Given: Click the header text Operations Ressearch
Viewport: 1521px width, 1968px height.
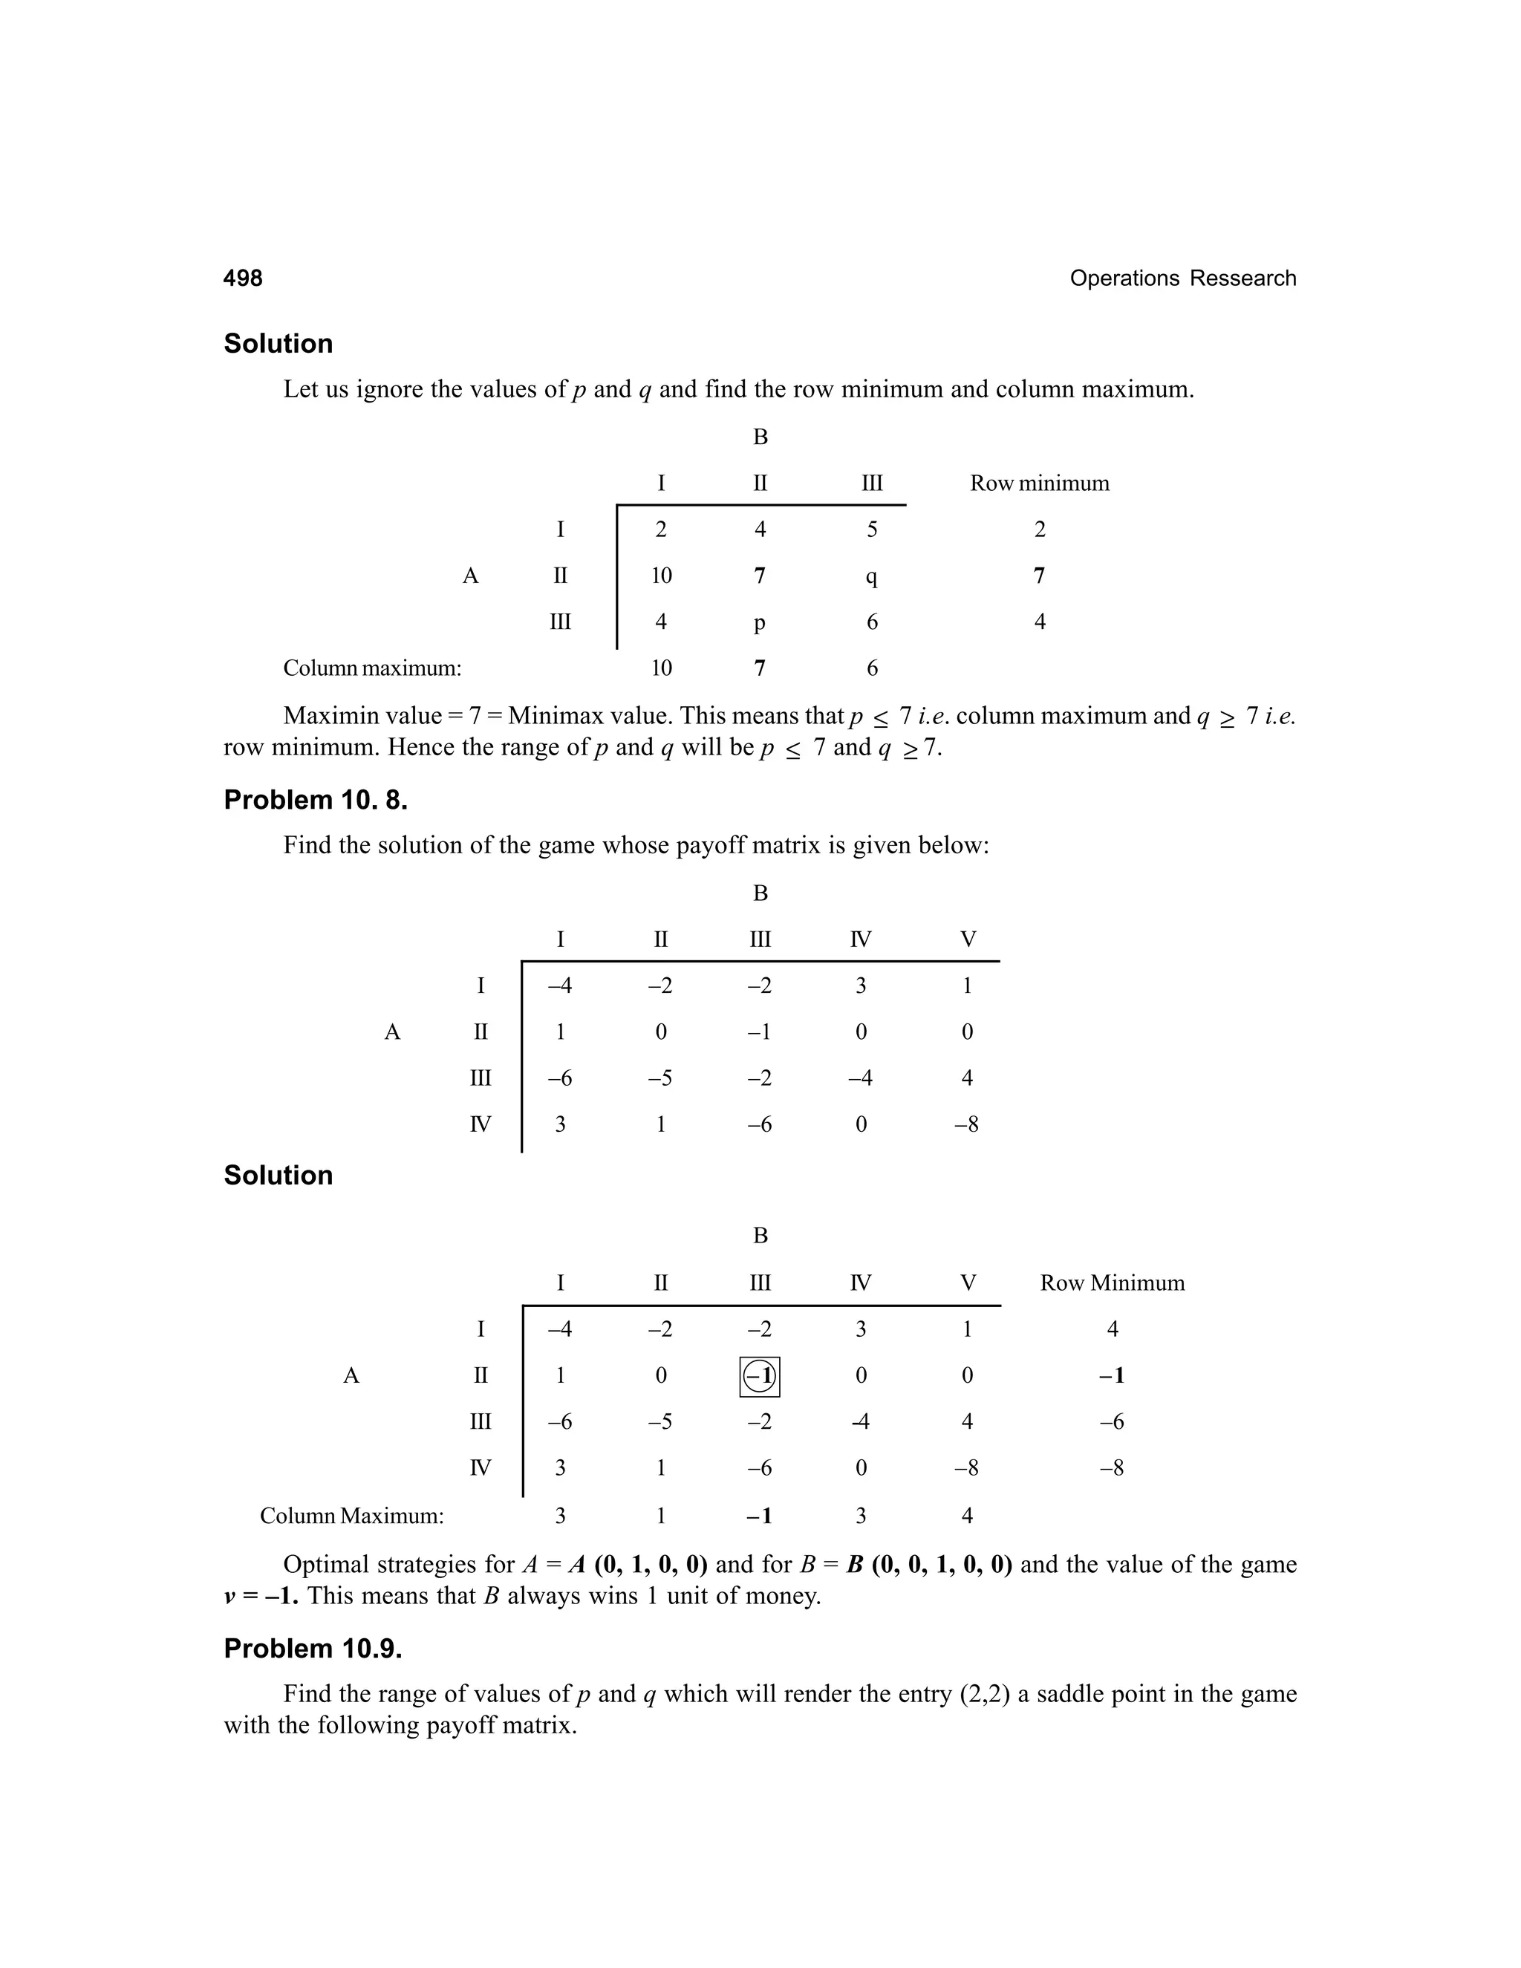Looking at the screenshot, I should pyautogui.click(x=1182, y=278).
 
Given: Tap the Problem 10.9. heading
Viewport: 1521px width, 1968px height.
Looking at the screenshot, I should pyautogui.click(x=313, y=1648).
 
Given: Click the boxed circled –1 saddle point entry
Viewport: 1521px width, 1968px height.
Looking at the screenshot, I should pyautogui.click(x=760, y=1376).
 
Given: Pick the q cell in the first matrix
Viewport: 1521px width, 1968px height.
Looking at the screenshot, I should pyautogui.click(x=871, y=576).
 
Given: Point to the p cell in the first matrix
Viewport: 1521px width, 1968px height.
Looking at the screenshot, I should pyautogui.click(x=760, y=622).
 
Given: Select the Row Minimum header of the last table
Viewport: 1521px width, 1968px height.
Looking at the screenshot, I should pyautogui.click(x=1112, y=1283).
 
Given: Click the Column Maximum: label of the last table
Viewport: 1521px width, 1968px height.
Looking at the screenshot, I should pyautogui.click(x=351, y=1516).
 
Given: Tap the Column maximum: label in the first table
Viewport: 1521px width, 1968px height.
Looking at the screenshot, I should pyautogui.click(x=372, y=668).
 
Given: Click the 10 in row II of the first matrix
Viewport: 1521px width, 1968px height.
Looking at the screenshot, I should pyautogui.click(x=662, y=576).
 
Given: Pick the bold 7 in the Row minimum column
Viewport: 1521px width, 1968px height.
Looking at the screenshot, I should pyautogui.click(x=1039, y=576).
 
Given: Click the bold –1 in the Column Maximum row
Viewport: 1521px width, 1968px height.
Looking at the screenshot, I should pyautogui.click(x=760, y=1516).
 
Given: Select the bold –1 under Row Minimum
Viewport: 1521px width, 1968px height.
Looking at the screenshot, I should pyautogui.click(x=1112, y=1376).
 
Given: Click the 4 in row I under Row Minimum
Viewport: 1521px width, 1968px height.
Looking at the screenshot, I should pyautogui.click(x=1112, y=1329).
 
